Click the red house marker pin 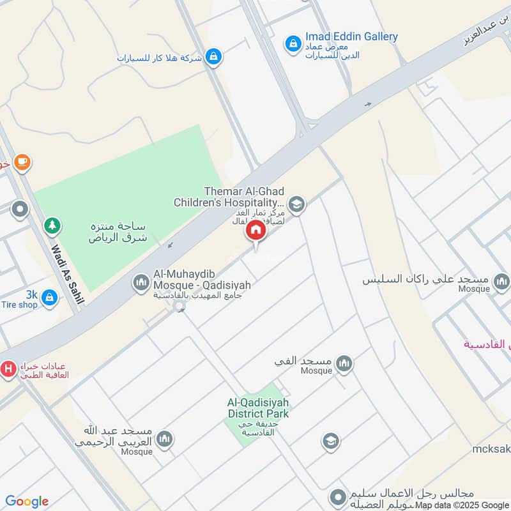[256, 231]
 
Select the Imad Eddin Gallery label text [351, 36]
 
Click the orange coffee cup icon [22, 162]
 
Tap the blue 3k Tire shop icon [50, 297]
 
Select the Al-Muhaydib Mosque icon [141, 282]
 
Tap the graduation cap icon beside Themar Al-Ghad [296, 205]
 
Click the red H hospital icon [8, 369]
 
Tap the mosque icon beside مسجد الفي [344, 363]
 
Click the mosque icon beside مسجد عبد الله [165, 439]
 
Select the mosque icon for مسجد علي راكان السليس [502, 281]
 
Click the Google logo [27, 501]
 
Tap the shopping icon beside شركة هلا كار [213, 57]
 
